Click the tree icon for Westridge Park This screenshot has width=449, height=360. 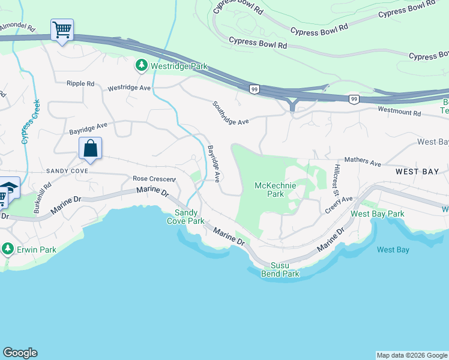(142, 65)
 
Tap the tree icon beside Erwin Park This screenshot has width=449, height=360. (7, 248)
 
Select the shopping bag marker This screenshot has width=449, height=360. (90, 149)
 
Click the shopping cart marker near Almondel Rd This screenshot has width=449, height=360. (62, 30)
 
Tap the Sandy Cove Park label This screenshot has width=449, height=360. (189, 217)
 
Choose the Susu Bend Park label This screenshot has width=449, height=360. (280, 269)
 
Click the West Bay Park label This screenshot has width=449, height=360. (378, 214)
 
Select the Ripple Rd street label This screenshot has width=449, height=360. (81, 84)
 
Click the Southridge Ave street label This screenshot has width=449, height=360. (230, 113)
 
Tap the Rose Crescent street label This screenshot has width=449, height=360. (154, 179)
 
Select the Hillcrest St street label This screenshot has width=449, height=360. (337, 179)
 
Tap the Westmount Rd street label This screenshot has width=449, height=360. (400, 111)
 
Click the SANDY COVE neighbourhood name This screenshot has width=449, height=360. (67, 171)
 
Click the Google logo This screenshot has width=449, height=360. (20, 353)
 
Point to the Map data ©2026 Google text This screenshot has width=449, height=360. (411, 355)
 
